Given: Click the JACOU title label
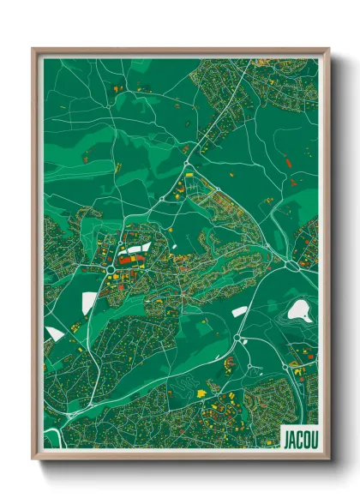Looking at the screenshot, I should pos(299,440).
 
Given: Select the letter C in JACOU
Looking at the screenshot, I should pos(298,440).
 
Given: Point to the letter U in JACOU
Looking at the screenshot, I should pos(314,440).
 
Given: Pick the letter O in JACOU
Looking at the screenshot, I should pos(306,440).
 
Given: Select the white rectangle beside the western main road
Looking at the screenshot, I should pos(89,302).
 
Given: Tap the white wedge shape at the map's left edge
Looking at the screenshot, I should pos(53,333).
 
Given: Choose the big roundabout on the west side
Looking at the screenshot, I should pos(111,271).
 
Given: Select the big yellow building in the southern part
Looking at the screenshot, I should pos(203,393).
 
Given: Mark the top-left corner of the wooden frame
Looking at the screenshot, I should pos(33,49).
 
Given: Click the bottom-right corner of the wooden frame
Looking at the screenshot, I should pos(329,458).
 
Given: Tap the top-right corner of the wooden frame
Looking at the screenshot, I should pos(329,49).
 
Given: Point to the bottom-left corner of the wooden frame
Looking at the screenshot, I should pos(33,458).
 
